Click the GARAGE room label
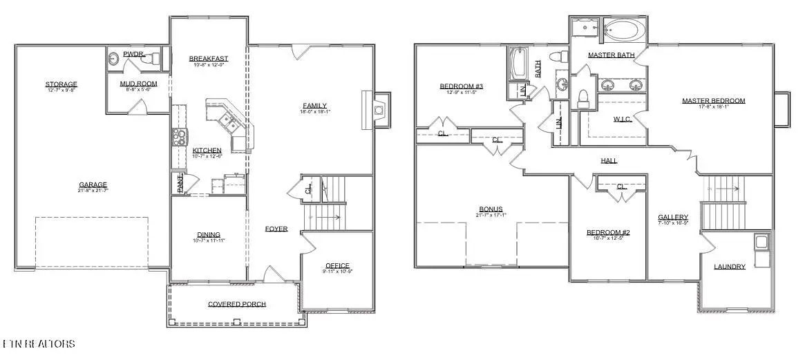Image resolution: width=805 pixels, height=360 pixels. tap(93, 184)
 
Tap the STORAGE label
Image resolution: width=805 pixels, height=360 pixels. tap(61, 84)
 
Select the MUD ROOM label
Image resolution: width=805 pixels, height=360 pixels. tap(138, 84)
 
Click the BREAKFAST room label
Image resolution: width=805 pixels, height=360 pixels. tap(209, 59)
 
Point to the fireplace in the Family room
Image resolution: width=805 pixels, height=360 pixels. tap(377, 109)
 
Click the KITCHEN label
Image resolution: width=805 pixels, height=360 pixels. tap(207, 150)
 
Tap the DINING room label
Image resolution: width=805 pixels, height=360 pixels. tap(208, 235)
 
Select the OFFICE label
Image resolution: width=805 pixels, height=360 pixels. tap(337, 265)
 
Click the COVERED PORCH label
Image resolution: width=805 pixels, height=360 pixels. tap(237, 304)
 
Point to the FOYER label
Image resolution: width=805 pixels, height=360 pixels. tap(276, 229)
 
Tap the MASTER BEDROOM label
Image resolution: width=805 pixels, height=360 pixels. tap(714, 101)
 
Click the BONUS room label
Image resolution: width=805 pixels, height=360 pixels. tap(491, 209)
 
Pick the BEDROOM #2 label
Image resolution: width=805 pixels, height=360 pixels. tap(607, 232)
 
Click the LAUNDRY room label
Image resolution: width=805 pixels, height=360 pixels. tap(730, 267)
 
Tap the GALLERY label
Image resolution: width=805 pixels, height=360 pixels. tap(672, 216)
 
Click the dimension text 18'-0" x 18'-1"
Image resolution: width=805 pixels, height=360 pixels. tap(314, 112)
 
